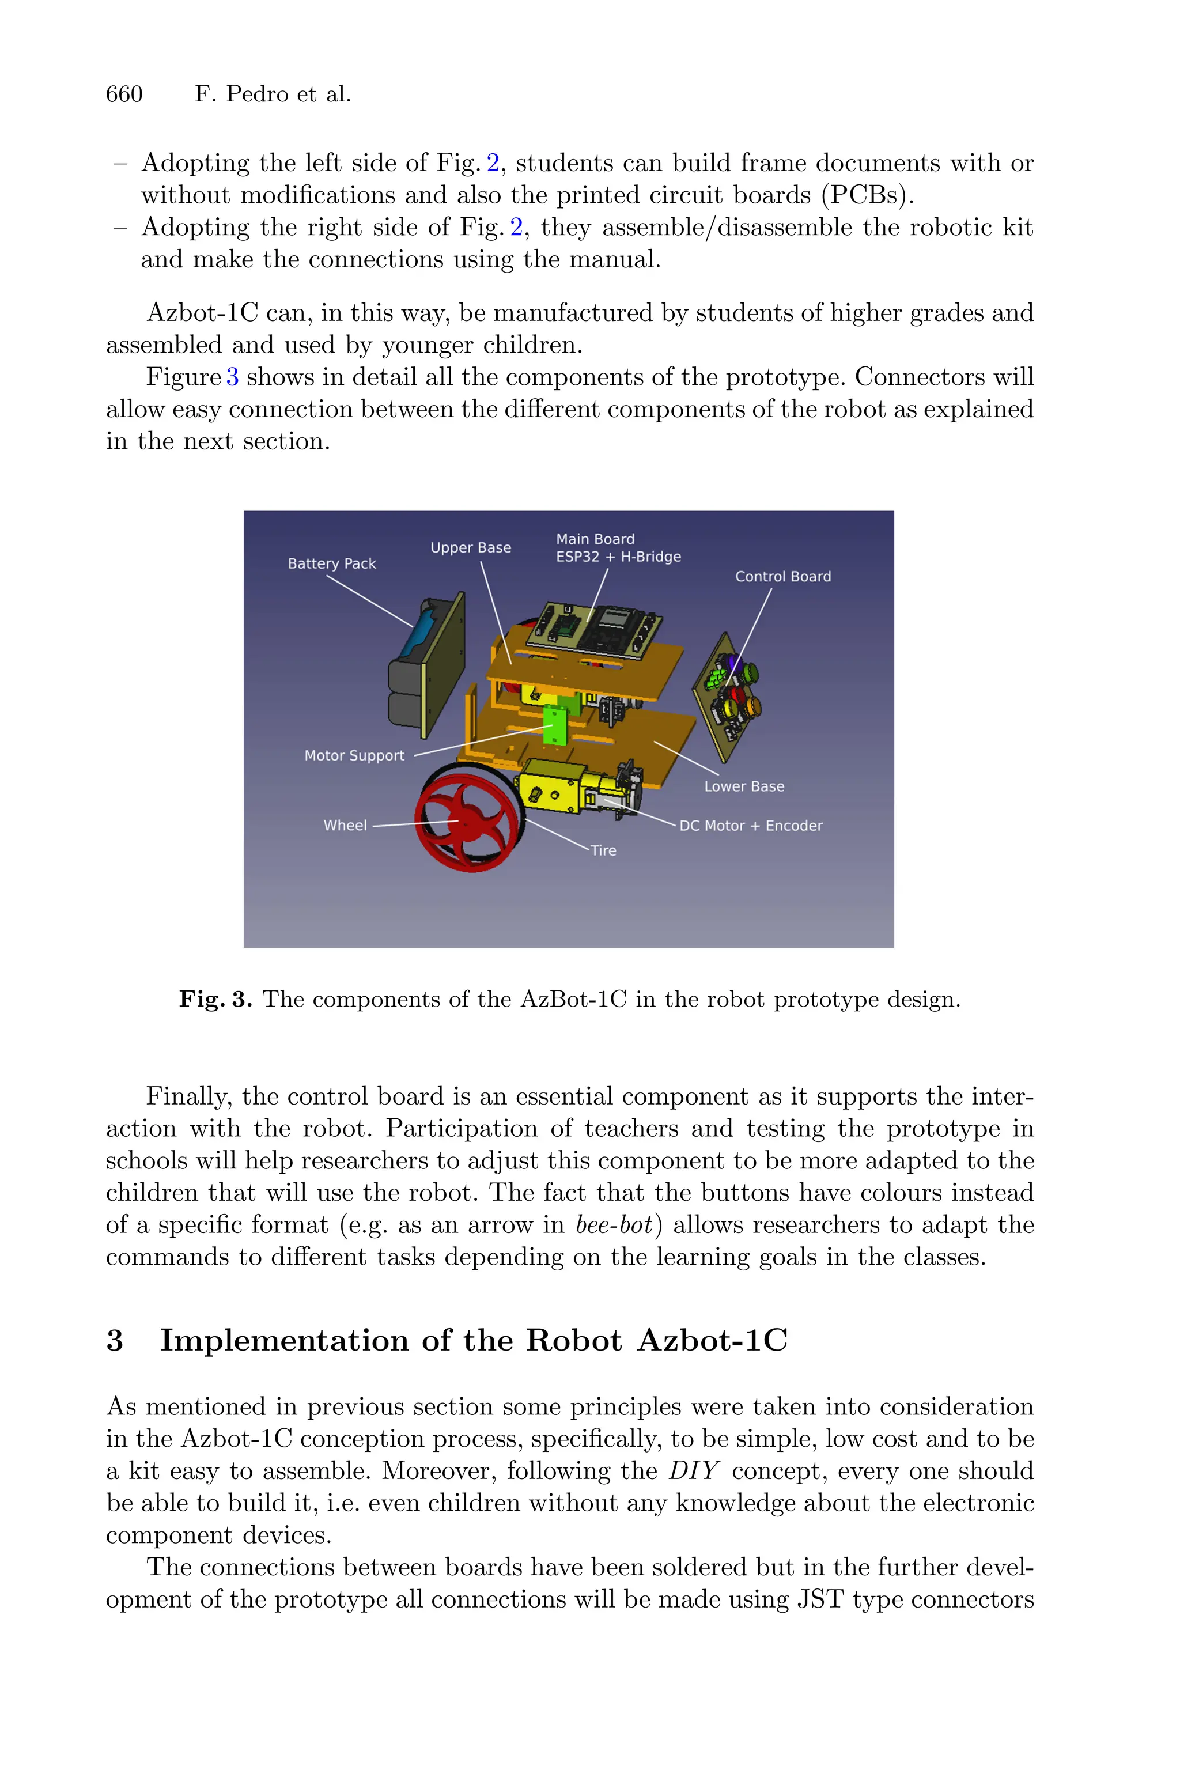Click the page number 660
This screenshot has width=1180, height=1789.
pos(124,94)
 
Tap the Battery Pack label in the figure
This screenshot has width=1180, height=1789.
pos(331,563)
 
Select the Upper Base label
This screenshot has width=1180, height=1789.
pos(470,548)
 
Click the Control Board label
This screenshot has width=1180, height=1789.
pos(782,576)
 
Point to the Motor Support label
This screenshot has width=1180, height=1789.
pos(354,755)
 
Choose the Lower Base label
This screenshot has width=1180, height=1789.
pos(743,786)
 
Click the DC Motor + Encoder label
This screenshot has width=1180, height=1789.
pos(750,825)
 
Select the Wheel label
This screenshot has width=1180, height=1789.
pos(345,825)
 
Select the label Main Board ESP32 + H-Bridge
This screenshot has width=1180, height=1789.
pos(618,548)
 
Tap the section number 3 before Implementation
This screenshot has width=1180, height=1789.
pos(115,1341)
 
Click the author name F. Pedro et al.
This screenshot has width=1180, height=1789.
pos(273,94)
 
